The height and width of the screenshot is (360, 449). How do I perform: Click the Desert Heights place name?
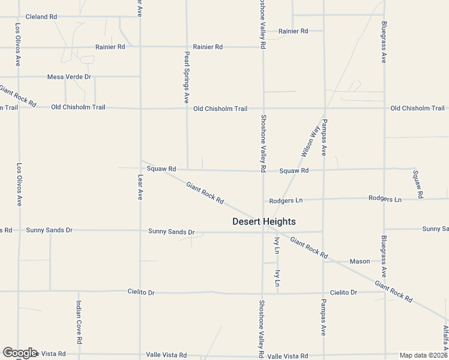[x=264, y=221]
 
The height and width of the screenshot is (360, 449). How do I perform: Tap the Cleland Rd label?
[x=41, y=17]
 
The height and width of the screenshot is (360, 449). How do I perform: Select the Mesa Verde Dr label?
[x=69, y=77]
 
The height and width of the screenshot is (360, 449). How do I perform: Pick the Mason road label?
[x=360, y=262]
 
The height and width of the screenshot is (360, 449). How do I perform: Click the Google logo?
[x=20, y=353]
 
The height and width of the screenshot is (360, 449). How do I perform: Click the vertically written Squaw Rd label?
[x=418, y=184]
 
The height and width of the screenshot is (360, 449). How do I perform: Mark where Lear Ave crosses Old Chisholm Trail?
[x=140, y=109]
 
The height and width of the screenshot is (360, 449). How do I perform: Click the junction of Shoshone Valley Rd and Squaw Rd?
[x=263, y=170]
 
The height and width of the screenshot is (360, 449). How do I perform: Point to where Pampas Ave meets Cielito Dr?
[x=324, y=293]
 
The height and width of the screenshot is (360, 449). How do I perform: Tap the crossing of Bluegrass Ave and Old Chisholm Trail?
[x=384, y=109]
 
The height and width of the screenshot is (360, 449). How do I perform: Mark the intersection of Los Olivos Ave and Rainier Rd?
[x=19, y=47]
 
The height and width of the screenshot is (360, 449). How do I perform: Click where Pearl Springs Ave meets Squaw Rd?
[x=187, y=170]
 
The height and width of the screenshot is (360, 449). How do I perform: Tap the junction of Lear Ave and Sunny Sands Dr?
[x=140, y=231]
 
